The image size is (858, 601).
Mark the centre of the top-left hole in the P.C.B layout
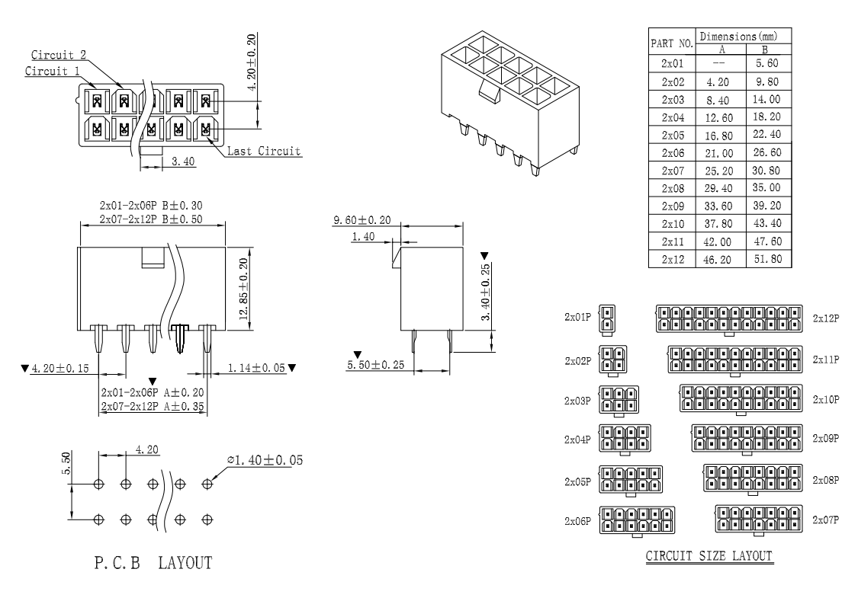click(98, 484)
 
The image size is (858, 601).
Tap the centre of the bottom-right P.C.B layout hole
click(207, 519)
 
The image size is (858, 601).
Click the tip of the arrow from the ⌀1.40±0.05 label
click(210, 480)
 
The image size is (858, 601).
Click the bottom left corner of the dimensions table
click(648, 267)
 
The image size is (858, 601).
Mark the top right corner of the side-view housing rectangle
click(463, 247)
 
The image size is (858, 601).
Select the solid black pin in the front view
click(179, 337)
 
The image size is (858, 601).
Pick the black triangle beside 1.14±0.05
click(292, 368)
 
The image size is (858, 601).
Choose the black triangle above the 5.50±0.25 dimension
click(358, 355)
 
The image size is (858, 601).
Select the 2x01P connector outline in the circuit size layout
click(607, 318)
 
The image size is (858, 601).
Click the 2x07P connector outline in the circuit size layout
click(758, 519)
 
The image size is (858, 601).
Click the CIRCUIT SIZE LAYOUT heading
click(709, 556)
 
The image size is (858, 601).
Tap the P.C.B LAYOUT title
click(153, 562)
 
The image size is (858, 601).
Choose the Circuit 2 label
click(59, 55)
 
